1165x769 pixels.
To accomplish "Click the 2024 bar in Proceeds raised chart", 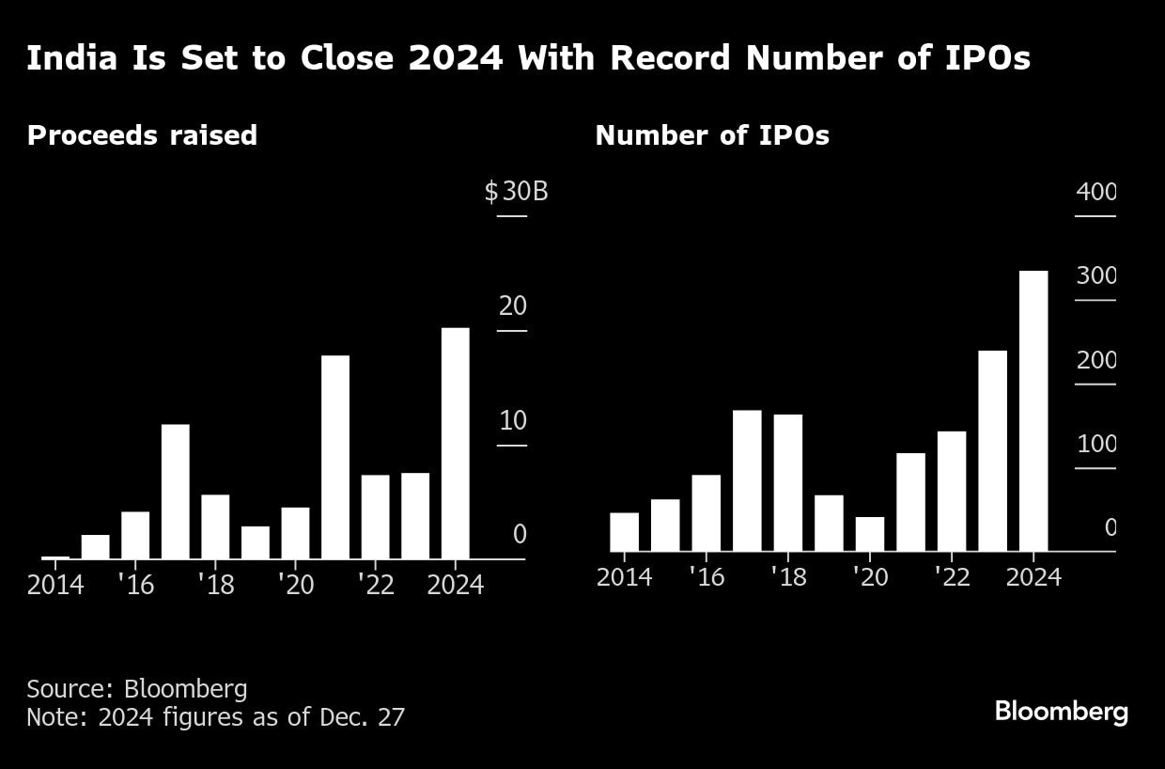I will click(x=455, y=443).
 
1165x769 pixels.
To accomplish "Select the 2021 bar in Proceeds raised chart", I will click(x=334, y=457).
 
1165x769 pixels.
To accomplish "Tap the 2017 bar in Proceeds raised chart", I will click(x=175, y=492).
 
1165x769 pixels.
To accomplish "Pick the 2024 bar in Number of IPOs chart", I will click(x=1033, y=411).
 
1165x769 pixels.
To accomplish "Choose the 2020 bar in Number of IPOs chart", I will click(x=869, y=534).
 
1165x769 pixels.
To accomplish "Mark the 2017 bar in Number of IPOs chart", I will click(x=747, y=480).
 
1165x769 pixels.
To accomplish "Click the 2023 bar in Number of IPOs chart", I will click(x=992, y=451).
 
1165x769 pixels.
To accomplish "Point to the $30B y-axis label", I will click(x=516, y=192).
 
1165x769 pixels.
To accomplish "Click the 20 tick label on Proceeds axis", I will click(x=513, y=306).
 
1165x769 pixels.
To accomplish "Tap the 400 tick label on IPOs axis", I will click(x=1095, y=192).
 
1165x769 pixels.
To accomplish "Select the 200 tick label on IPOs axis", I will click(x=1095, y=360).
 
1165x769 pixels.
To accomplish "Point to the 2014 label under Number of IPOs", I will click(x=624, y=576).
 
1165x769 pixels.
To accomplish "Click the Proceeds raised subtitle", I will click(x=142, y=135).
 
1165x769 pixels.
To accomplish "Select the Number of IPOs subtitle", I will click(x=712, y=135).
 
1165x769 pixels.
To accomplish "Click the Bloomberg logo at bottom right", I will click(x=1061, y=712).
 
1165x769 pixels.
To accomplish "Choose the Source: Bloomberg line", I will click(x=137, y=689).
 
